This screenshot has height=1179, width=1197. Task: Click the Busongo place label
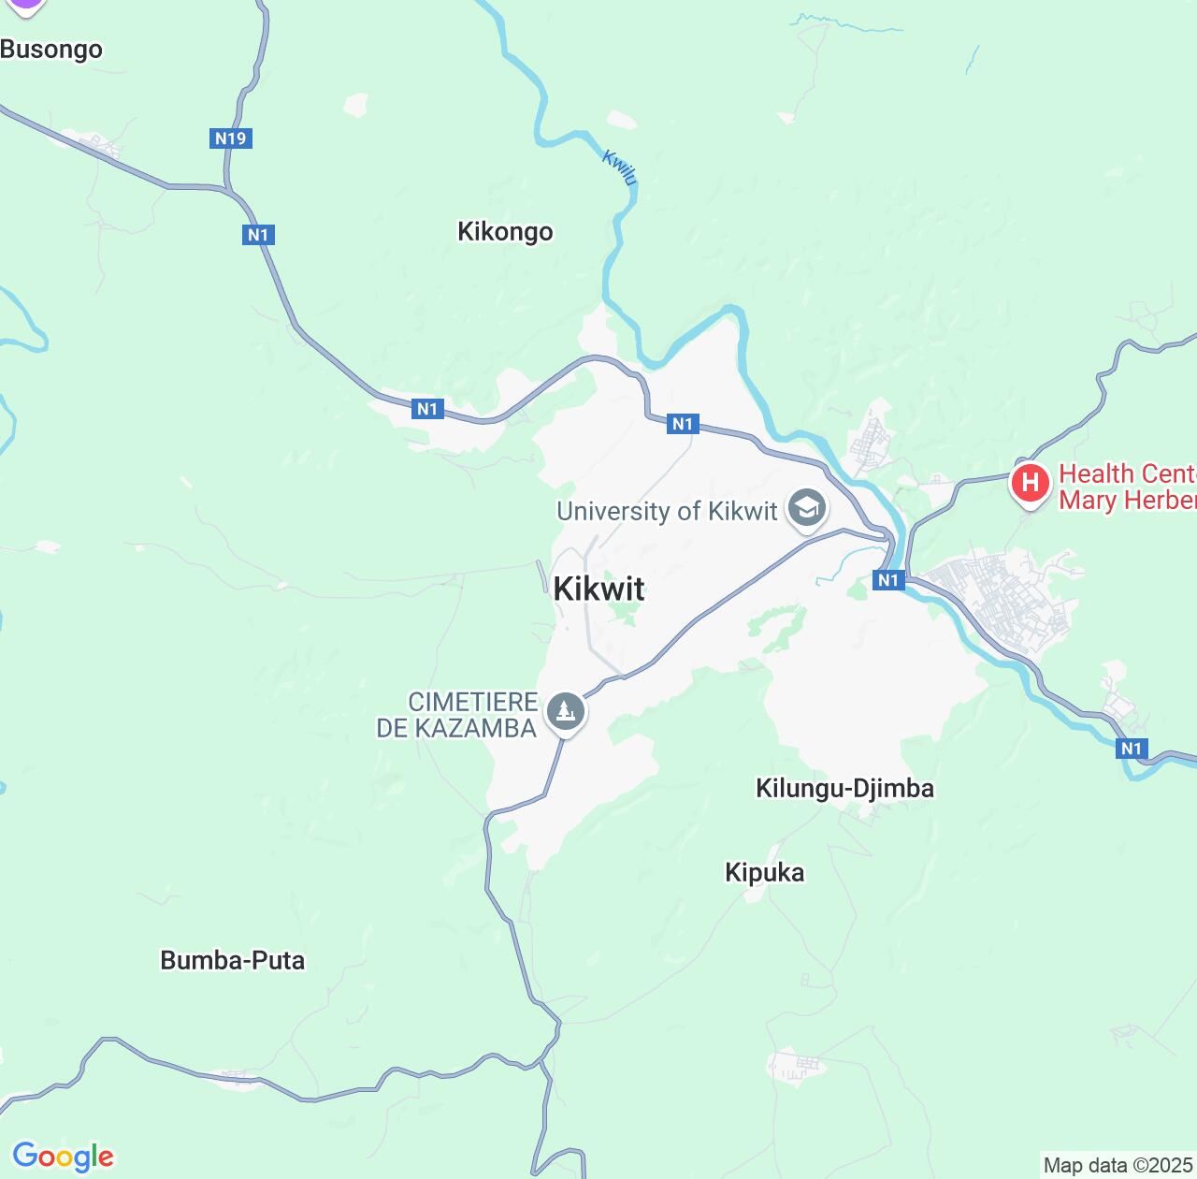51,50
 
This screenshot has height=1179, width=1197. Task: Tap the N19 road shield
230,138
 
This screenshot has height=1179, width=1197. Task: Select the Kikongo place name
505,231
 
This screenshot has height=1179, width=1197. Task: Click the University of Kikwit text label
667,511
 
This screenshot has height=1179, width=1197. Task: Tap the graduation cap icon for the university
807,509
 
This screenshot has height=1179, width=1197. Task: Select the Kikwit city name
598,589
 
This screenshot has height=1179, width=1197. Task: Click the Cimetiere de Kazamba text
457,715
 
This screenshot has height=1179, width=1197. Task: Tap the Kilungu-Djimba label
844,788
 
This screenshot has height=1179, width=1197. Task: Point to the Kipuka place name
764,872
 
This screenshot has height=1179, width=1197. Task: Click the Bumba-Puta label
233,960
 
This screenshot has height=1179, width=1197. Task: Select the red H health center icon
1030,484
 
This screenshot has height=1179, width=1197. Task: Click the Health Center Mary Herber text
1127,487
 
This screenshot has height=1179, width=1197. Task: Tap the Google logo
63,1157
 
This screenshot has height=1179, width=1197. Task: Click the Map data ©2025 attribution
1118,1166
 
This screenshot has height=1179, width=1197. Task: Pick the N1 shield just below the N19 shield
258,234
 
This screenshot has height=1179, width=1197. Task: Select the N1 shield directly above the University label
683,424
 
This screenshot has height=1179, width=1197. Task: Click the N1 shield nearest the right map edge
1132,748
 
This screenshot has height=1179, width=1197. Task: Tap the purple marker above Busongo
25,5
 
